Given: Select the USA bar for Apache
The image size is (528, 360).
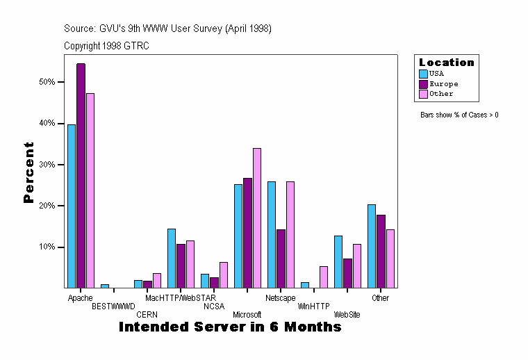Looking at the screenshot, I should coord(72,206).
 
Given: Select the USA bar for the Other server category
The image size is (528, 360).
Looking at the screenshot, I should coord(372,246).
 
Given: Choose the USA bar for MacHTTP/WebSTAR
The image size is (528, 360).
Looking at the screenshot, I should coord(172,258).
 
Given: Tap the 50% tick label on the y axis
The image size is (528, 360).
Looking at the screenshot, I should coord(47,82).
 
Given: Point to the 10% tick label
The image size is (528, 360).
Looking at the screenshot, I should coord(47,247).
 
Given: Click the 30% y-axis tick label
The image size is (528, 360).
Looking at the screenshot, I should coord(47,165).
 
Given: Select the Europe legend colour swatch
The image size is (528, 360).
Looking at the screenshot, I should coord(423,83).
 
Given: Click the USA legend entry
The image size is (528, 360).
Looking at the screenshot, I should coord(436,73).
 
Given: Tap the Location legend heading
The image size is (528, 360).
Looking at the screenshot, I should coord(447,63).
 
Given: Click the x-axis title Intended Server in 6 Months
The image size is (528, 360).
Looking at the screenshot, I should coord(230,327).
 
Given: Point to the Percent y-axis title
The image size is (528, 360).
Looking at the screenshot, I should coord(28,172).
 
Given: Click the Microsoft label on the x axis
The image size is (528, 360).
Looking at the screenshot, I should coord(247,315).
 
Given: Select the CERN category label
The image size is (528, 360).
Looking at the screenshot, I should coord(147,315).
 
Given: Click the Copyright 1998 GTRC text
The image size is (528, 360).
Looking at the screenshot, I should coord(106,46).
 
